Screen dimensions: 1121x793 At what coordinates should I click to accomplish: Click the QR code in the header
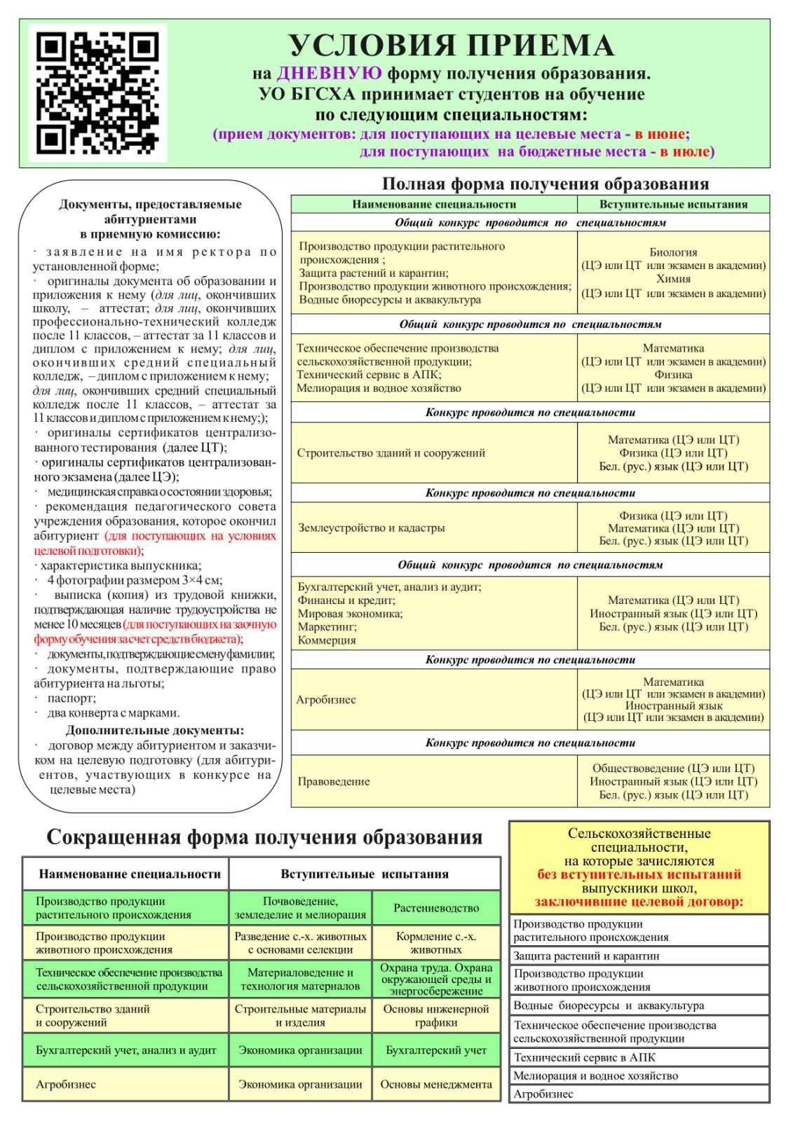click(97, 93)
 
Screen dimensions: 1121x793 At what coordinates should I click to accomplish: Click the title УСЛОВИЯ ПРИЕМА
click(452, 46)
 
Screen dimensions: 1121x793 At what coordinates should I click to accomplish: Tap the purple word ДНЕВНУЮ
click(330, 74)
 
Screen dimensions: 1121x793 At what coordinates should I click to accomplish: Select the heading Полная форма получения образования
click(545, 184)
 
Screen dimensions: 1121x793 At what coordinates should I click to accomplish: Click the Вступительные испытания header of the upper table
click(673, 205)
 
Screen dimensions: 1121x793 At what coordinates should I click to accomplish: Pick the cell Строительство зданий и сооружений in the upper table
click(391, 453)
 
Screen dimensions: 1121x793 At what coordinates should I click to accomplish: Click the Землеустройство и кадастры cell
click(371, 528)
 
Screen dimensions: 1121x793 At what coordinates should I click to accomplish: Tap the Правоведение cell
click(333, 782)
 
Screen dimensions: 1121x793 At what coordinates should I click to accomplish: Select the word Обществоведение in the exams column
click(638, 769)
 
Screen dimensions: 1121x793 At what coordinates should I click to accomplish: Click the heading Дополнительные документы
click(155, 730)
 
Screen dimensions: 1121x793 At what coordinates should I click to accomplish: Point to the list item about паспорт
click(72, 699)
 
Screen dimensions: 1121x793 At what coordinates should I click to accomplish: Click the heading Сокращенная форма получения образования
click(264, 837)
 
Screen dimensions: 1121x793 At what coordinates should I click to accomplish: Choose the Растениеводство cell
click(436, 908)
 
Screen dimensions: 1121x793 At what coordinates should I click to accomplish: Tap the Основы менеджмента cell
click(436, 1085)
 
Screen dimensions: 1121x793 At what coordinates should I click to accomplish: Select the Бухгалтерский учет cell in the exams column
click(436, 1050)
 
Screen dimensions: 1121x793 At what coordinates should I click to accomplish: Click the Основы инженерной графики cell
click(436, 1015)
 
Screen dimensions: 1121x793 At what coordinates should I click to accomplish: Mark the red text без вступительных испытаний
click(639, 874)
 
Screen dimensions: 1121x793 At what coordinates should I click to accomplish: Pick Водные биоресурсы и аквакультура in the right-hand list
click(609, 1006)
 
